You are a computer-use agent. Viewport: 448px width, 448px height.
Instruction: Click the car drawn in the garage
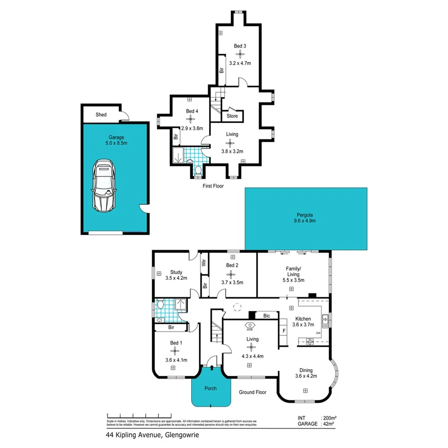104,186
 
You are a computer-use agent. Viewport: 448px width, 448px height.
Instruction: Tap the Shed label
101,115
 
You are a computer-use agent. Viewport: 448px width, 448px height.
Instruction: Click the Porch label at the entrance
210,388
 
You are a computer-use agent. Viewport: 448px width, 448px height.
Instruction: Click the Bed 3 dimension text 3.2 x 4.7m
240,63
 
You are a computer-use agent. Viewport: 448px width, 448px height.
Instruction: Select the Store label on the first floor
232,116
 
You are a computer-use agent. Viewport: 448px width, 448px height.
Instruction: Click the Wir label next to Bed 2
204,262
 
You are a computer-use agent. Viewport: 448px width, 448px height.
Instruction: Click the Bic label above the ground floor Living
267,316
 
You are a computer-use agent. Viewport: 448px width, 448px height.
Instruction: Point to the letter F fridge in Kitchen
284,331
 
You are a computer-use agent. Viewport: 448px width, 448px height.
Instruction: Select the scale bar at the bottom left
139,414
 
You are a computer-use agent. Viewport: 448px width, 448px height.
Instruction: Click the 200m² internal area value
329,418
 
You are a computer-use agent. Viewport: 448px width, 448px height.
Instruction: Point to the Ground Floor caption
252,392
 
